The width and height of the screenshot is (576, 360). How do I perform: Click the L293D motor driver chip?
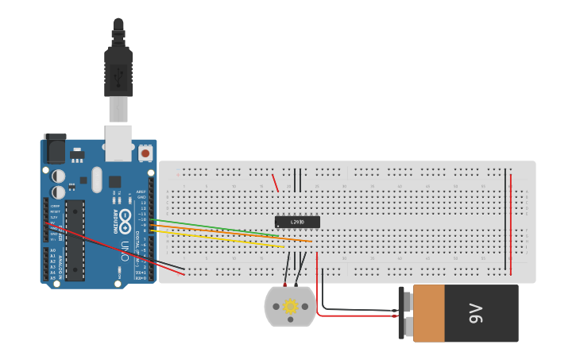point(297,222)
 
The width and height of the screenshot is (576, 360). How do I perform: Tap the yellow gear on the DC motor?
point(290,306)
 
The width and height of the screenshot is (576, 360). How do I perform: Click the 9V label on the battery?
point(475,313)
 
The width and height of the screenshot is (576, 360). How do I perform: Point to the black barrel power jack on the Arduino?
point(54,149)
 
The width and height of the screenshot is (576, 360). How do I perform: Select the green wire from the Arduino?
point(215,228)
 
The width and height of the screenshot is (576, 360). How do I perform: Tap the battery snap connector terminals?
point(405,313)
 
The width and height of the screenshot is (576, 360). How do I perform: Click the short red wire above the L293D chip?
point(275,183)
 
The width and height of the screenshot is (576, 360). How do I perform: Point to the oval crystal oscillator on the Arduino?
point(97,179)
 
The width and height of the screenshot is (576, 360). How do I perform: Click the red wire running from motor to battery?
point(358,315)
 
